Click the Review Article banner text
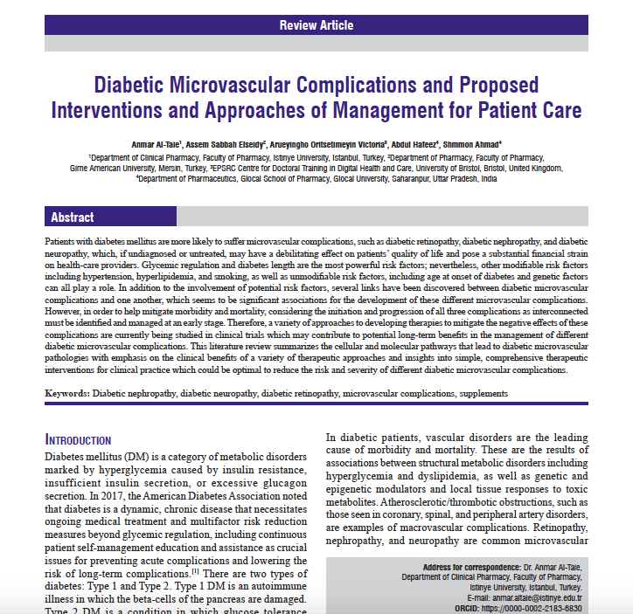pos(316,25)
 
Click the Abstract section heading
pos(73,217)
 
